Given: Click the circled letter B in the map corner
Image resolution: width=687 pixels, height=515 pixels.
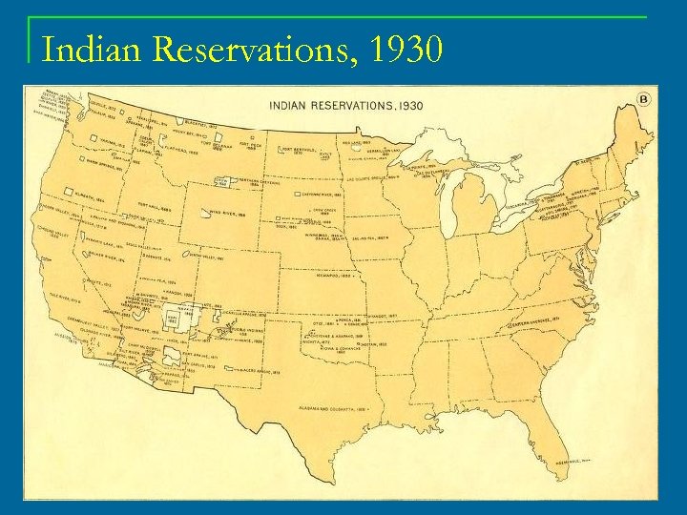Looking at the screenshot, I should (644, 99).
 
